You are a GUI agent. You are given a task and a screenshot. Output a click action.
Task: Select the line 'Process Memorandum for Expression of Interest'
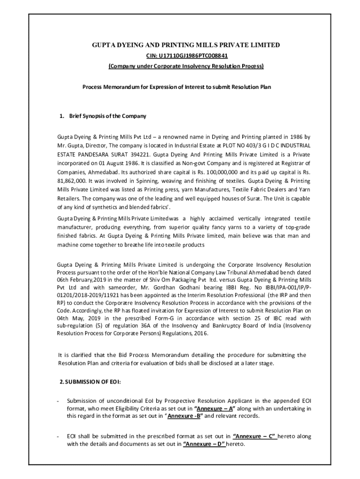pyautogui.click(x=177, y=87)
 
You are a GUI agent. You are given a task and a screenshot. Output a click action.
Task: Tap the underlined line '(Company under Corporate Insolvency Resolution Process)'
pyautogui.click(x=186, y=66)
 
